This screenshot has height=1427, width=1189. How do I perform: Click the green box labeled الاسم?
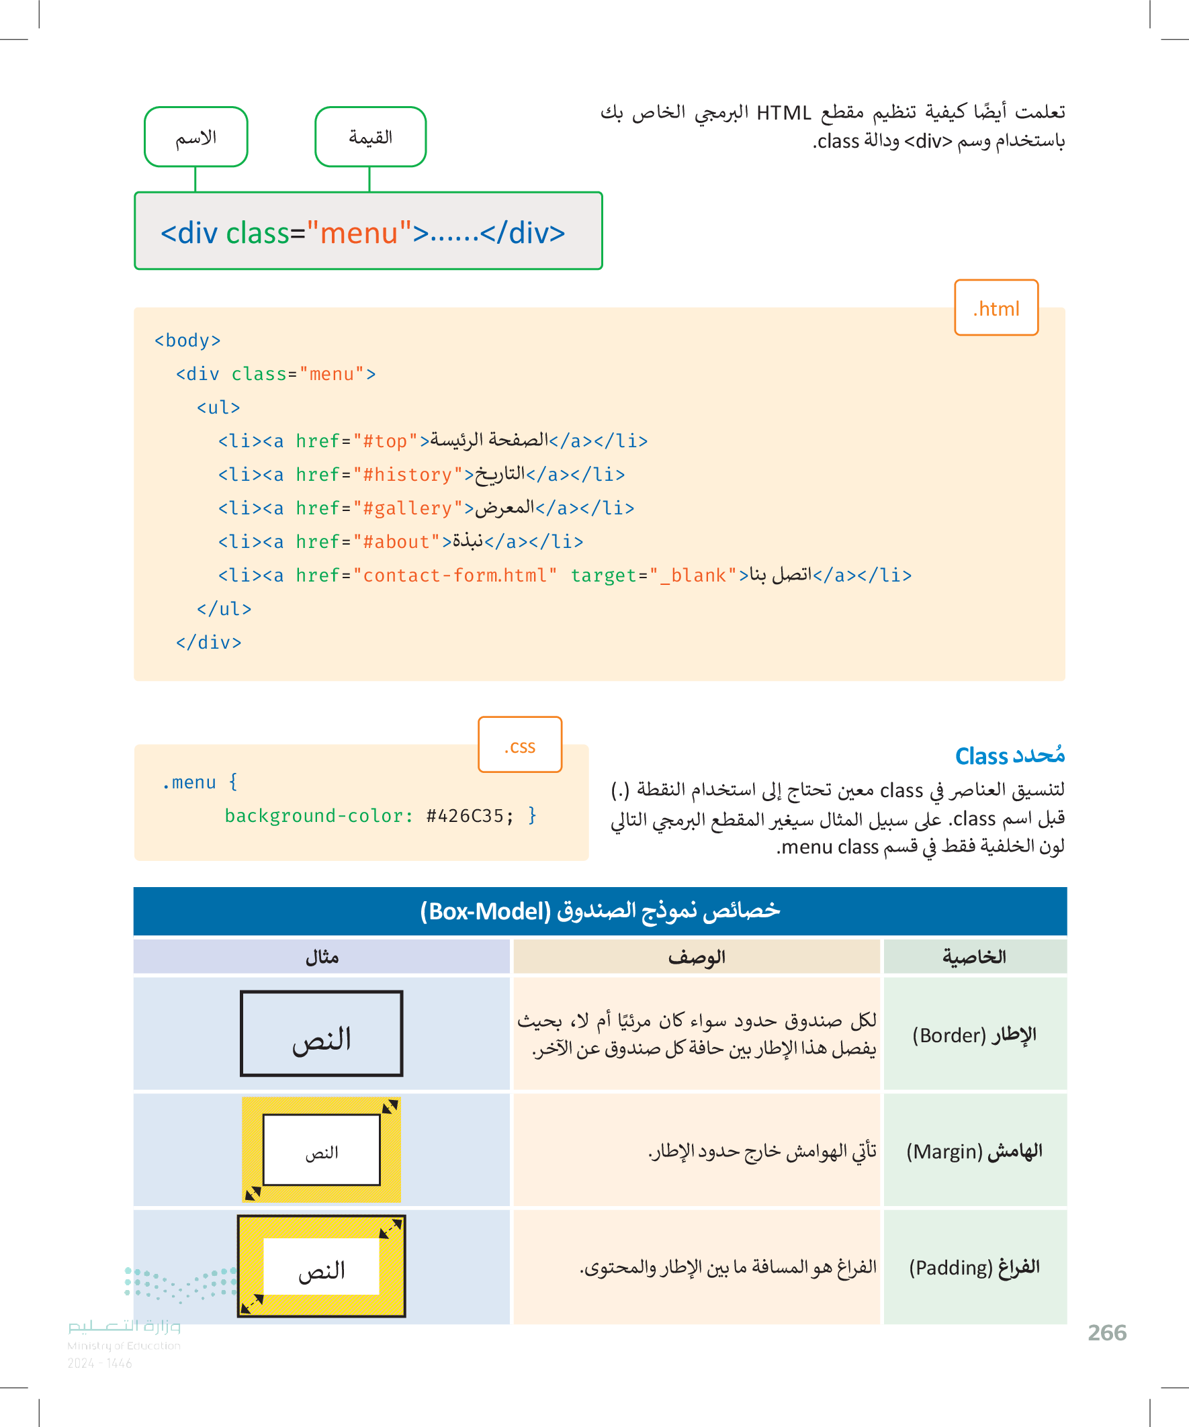point(195,137)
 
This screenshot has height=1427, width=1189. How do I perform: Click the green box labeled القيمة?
point(371,137)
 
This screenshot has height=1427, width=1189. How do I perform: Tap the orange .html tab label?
point(996,308)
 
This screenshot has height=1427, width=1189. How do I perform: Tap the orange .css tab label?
point(520,746)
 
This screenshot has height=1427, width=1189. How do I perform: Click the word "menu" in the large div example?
point(359,233)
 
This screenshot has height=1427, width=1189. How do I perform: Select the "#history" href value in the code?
point(408,475)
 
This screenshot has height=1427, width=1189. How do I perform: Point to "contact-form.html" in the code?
point(455,576)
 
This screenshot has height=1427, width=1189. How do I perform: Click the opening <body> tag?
point(187,340)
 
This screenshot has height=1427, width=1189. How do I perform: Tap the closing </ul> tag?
point(224,609)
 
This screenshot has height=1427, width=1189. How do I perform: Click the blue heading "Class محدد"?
point(1010,755)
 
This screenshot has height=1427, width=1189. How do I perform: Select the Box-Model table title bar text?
point(600,911)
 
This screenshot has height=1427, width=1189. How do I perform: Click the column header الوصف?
point(696,957)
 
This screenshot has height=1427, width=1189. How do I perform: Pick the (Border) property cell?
point(974,1035)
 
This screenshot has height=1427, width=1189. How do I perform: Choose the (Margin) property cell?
point(974,1151)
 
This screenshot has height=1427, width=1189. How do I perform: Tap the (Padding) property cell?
point(974,1267)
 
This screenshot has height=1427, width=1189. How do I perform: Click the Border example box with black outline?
point(322,1033)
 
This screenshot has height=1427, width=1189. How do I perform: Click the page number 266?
point(1107,1332)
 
